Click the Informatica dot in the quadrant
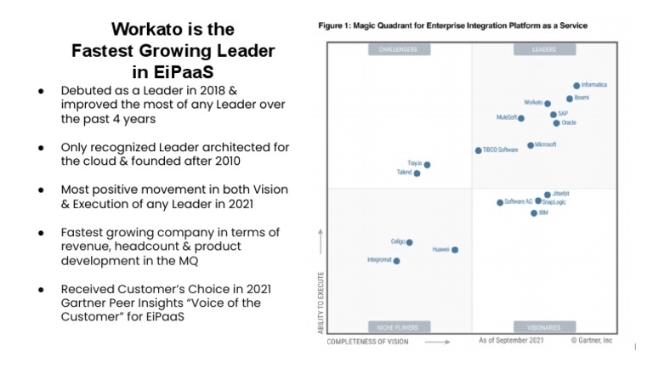pyautogui.click(x=576, y=86)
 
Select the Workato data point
pyautogui.click(x=547, y=104)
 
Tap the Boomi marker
pyautogui.click(x=570, y=99)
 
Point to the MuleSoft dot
pyautogui.click(x=520, y=118)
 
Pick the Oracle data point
pyautogui.click(x=557, y=123)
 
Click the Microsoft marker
pyautogui.click(x=531, y=145)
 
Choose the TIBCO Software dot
pyautogui.click(x=478, y=150)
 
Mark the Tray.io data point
pyautogui.click(x=427, y=165)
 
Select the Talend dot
pyautogui.click(x=417, y=173)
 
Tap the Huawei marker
pyautogui.click(x=455, y=250)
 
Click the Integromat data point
pyautogui.click(x=396, y=261)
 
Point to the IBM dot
pyautogui.click(x=534, y=213)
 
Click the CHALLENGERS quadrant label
pyautogui.click(x=397, y=50)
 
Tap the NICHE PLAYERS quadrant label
pyautogui.click(x=397, y=327)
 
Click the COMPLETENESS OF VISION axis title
pyautogui.click(x=367, y=342)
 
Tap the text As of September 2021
pyautogui.click(x=511, y=340)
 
